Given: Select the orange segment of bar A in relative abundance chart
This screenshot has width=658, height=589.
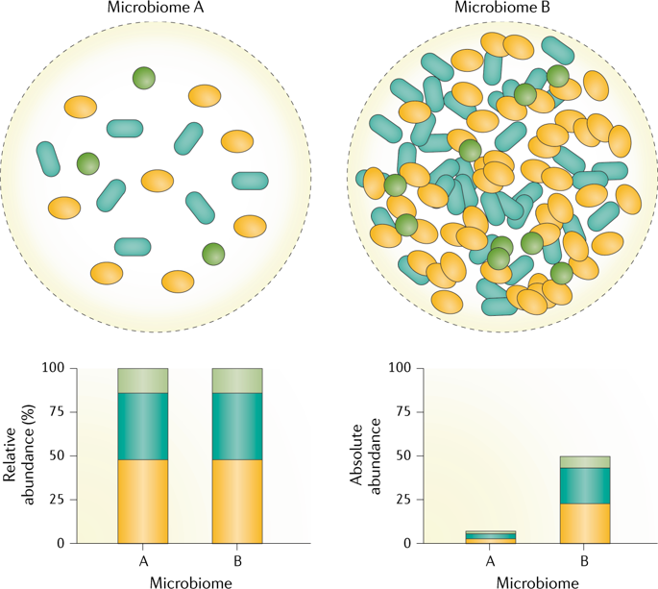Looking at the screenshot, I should click(141, 501).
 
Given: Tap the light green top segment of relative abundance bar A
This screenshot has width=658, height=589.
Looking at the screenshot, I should click(141, 380).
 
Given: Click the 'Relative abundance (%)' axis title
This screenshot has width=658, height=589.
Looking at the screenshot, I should click(21, 455).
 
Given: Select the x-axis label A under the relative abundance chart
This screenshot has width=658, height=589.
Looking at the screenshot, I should click(141, 560).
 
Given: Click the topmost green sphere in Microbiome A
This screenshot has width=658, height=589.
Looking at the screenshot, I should click(144, 78).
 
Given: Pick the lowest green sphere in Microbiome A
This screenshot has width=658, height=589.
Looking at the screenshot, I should click(213, 254).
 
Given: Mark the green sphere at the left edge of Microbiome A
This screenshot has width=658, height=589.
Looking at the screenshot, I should click(88, 163).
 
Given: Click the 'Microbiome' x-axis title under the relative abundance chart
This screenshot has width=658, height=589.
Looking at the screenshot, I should click(192, 579).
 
